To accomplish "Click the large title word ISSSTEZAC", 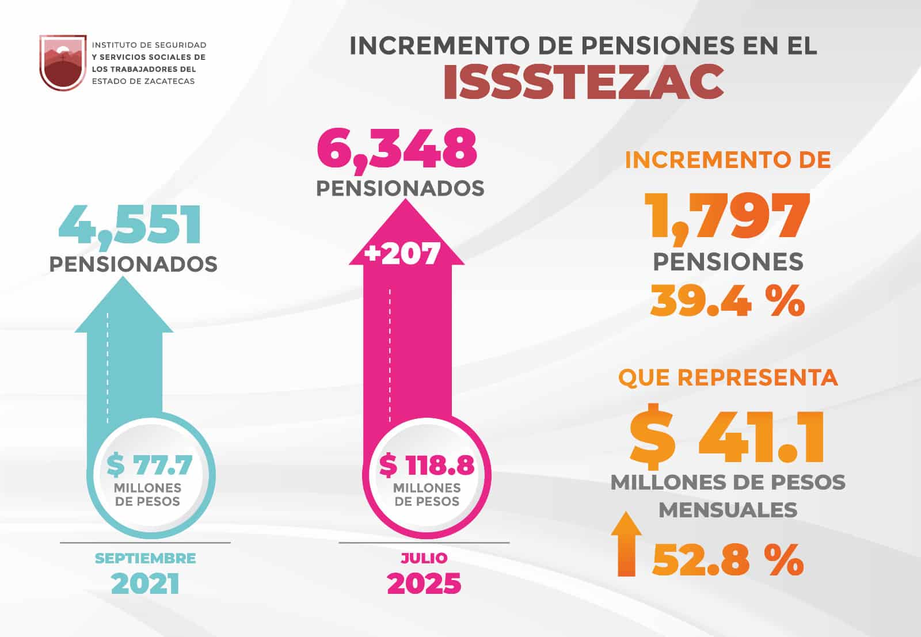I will coord(584,81).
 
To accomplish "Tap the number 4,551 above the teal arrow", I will coord(130,226).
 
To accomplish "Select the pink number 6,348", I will coord(397,149).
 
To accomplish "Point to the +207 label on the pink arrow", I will coord(403,253).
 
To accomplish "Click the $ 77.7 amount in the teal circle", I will coord(149,464).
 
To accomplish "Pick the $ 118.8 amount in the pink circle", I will coord(427,465).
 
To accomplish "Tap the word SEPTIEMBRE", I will coord(145,558).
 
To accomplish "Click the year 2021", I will coord(145,583).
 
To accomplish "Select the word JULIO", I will coord(424,558).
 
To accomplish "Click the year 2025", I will coord(424,583).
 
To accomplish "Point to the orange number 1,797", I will coord(728,216).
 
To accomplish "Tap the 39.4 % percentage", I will coord(728,300).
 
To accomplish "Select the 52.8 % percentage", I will coord(728,559).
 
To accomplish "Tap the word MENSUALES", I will coord(728,510).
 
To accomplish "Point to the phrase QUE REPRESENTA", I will coord(728,377).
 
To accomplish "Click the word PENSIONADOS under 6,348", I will coord(400,188).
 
